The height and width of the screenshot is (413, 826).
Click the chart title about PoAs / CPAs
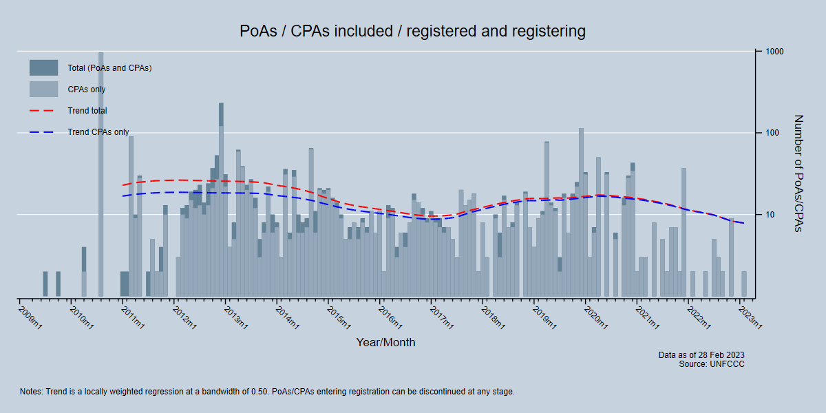pos(412,31)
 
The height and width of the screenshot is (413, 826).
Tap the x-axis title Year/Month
pos(385,342)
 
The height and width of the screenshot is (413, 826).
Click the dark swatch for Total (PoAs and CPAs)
pos(43,67)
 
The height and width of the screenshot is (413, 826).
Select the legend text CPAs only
pos(87,89)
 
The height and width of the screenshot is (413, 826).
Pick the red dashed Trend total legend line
pos(43,110)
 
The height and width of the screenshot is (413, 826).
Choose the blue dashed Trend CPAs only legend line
pos(43,132)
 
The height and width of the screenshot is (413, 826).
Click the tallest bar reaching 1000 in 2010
pos(101,172)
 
